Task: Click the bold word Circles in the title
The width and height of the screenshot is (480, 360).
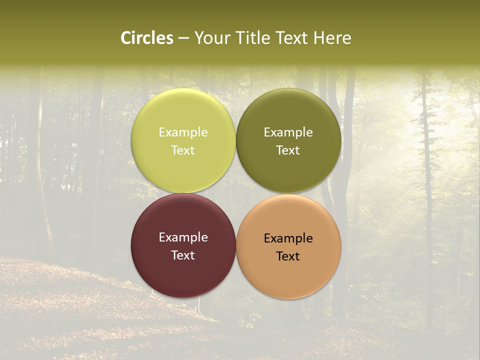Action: (147, 38)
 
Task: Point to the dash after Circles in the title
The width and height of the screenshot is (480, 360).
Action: (183, 38)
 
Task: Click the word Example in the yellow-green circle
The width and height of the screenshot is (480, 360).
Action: (183, 132)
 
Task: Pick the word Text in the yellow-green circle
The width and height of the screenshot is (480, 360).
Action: (183, 150)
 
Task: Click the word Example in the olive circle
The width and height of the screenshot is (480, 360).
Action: (288, 132)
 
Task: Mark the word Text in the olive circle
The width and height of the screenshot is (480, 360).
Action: (288, 150)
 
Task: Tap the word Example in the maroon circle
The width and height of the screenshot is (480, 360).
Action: (183, 237)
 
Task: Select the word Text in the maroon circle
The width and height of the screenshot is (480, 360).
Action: (183, 255)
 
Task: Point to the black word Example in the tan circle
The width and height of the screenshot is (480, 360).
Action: (288, 238)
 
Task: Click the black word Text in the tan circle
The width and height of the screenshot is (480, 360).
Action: (288, 256)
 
